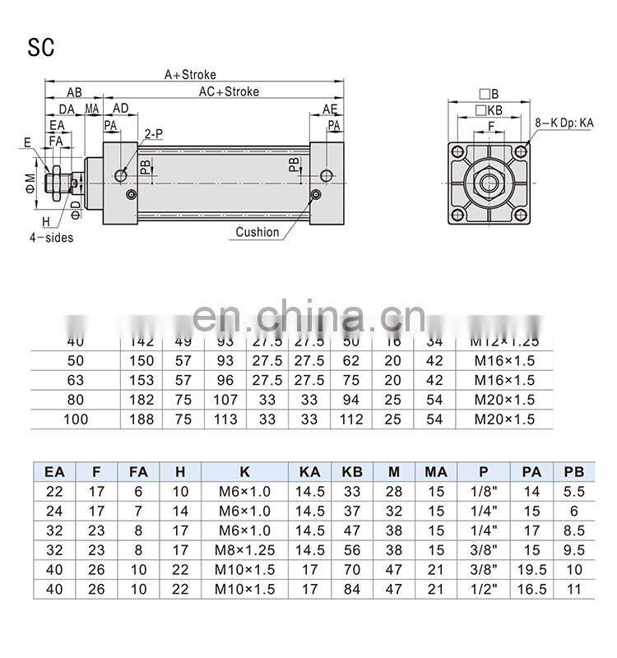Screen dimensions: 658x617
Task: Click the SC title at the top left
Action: click(41, 47)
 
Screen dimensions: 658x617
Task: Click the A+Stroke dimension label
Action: click(190, 75)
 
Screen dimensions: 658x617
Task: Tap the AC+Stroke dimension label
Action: click(229, 91)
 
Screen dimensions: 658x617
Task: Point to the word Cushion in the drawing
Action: click(257, 232)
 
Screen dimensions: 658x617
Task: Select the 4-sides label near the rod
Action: click(51, 239)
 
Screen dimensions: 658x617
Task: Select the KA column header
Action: click(309, 471)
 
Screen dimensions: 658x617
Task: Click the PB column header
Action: click(573, 471)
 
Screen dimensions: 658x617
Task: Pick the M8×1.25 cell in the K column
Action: click(244, 550)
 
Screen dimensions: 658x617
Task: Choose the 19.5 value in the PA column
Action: click(531, 570)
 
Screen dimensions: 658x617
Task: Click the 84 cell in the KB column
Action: click(351, 590)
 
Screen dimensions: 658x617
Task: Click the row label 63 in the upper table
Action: click(75, 380)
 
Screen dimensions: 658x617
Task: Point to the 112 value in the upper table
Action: click(351, 419)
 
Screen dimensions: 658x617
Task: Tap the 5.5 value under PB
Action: click(573, 491)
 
